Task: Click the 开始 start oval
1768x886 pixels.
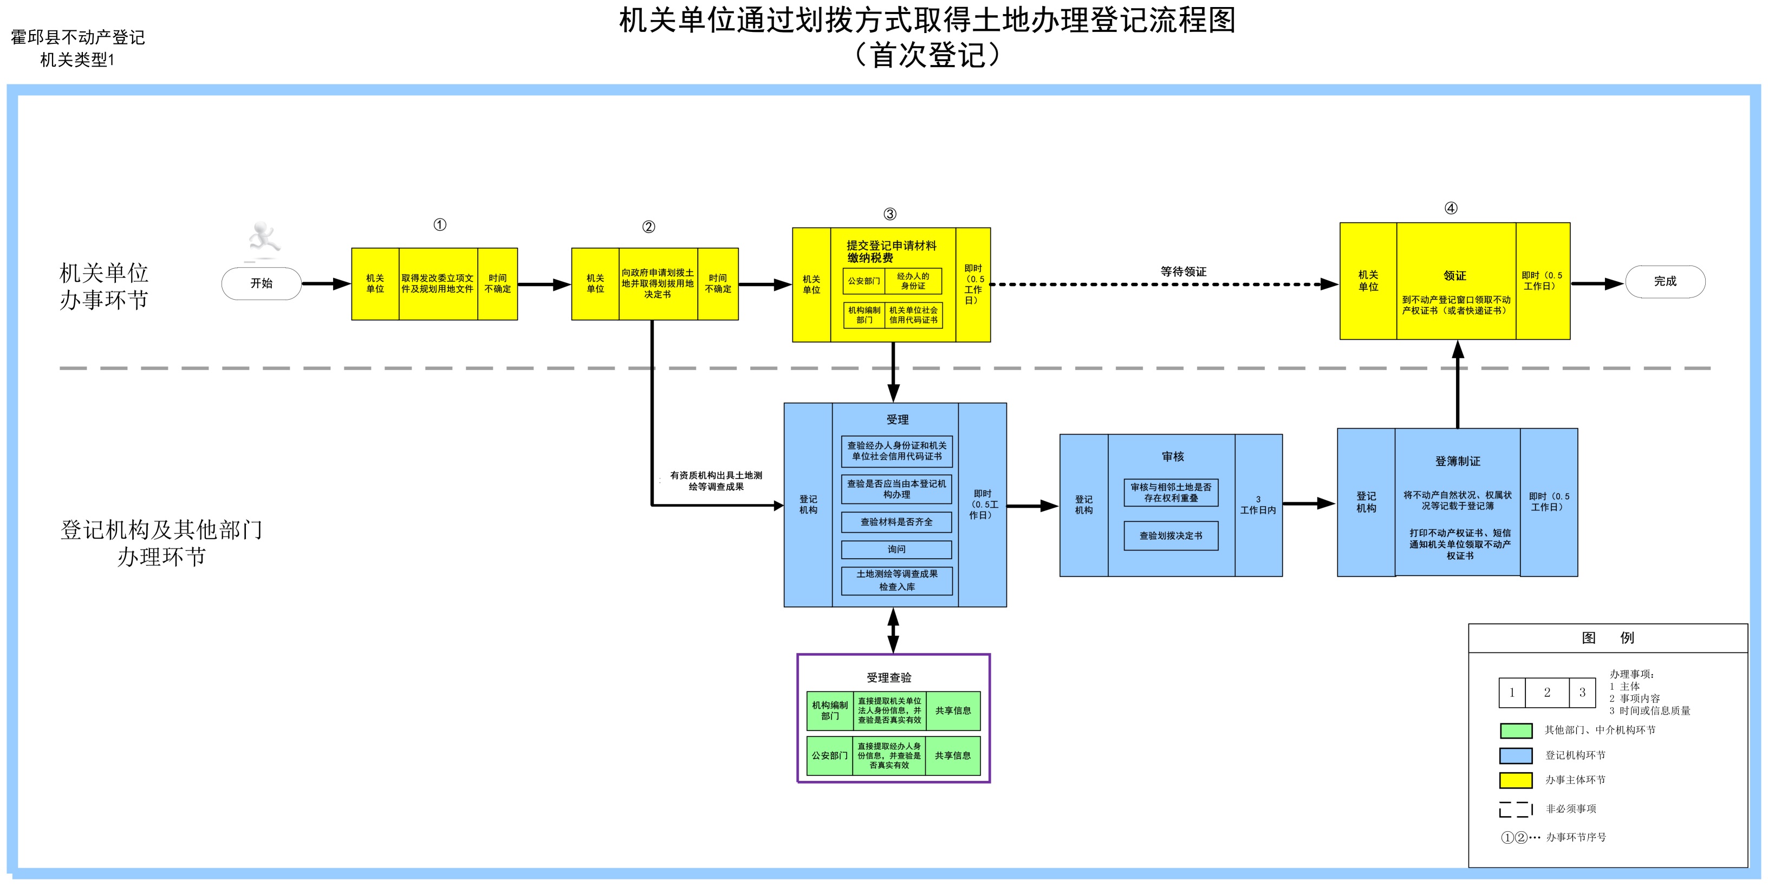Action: point(262,283)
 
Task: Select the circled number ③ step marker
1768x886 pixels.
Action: point(889,214)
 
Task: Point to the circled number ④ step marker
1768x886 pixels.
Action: point(1451,208)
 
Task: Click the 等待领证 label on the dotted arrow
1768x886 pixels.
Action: point(1183,272)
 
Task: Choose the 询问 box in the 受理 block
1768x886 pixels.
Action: point(896,549)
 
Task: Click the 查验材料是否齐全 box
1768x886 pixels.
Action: point(896,522)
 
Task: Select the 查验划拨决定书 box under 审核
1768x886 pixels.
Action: point(1171,536)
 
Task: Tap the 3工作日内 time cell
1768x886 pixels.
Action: point(1258,505)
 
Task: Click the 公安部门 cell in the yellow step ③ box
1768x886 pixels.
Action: point(863,281)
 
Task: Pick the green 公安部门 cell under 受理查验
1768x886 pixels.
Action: point(830,755)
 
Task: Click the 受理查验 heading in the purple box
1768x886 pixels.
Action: point(889,678)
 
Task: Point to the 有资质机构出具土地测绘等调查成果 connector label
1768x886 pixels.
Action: point(716,481)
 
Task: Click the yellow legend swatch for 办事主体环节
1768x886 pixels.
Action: point(1516,780)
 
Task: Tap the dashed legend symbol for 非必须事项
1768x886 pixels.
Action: point(1516,809)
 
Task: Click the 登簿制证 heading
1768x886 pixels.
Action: point(1458,462)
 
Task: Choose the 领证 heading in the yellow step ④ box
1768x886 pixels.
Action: point(1454,275)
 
